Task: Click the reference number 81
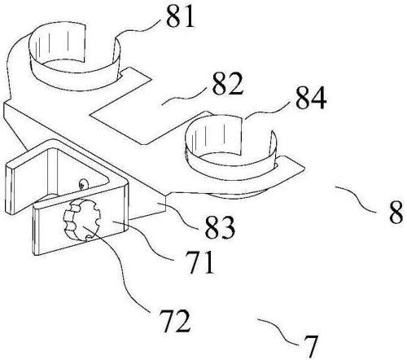pos(181,15)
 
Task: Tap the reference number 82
pos(227,83)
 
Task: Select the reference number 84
pos(311,98)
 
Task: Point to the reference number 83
pos(220,227)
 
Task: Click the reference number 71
pos(200,262)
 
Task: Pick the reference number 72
pos(175,322)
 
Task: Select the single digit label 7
pos(310,346)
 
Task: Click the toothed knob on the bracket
pos(81,220)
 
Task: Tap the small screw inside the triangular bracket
pos(83,184)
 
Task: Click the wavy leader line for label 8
pos(356,198)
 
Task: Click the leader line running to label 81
pos(137,31)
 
